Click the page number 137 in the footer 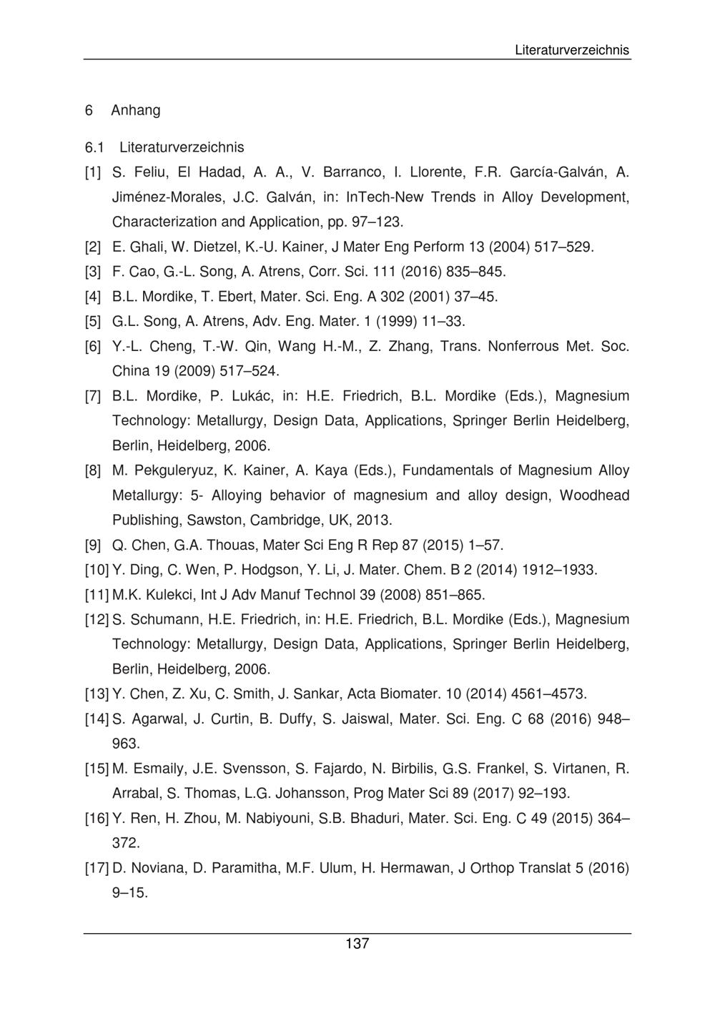[x=357, y=944]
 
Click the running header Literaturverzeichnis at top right [x=572, y=50]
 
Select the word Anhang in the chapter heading [x=136, y=110]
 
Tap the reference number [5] [x=93, y=321]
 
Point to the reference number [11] [x=97, y=595]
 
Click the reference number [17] [x=97, y=869]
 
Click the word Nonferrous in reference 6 [x=523, y=347]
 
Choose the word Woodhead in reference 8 [x=594, y=495]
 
